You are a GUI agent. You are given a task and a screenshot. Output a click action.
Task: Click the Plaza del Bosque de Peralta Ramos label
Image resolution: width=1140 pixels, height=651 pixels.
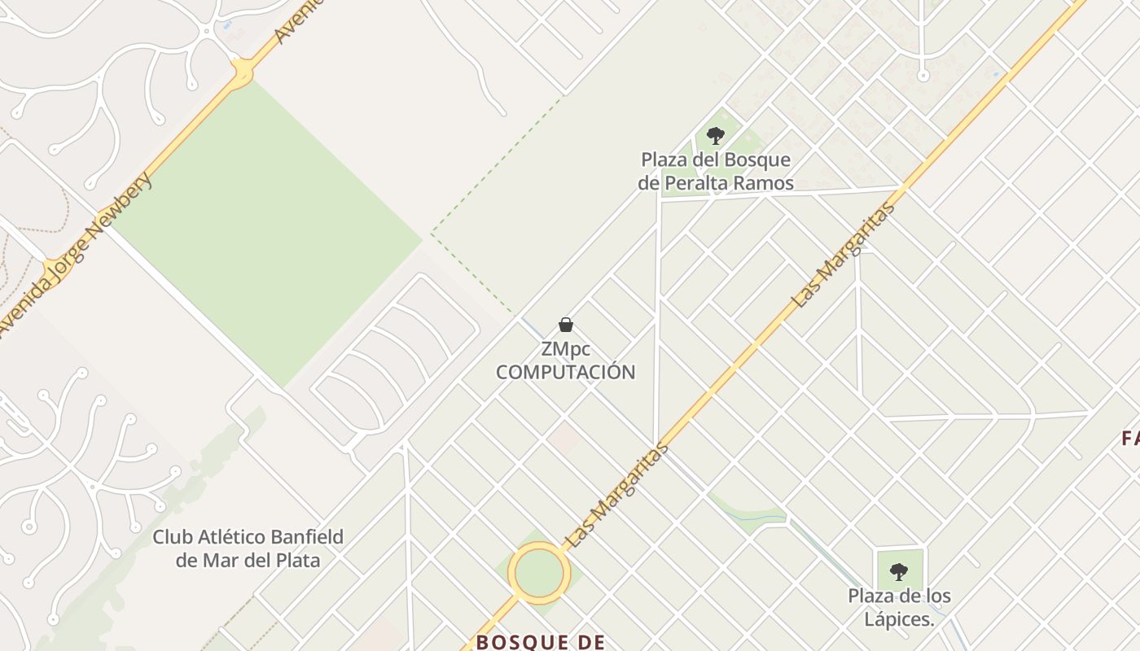[715, 172]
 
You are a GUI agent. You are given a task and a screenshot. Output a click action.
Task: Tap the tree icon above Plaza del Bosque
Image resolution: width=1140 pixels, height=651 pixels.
[716, 136]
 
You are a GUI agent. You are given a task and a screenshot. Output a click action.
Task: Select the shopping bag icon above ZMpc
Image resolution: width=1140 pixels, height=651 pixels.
[566, 325]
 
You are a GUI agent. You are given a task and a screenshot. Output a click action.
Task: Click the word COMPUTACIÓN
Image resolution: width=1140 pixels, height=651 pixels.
[566, 373]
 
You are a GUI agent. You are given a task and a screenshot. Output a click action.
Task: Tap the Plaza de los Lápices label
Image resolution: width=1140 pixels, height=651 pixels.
[899, 607]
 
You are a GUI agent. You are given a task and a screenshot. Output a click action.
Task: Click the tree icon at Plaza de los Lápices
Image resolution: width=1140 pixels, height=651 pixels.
[899, 572]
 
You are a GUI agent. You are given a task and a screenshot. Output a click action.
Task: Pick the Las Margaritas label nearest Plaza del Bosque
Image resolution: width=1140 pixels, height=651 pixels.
[844, 255]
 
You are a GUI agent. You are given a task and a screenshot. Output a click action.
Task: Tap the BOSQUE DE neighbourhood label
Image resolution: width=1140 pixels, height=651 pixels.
[541, 642]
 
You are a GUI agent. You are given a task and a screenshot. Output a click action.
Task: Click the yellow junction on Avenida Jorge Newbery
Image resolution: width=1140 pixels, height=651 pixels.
[242, 73]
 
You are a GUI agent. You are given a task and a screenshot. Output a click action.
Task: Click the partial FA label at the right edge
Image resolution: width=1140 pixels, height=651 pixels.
[1130, 439]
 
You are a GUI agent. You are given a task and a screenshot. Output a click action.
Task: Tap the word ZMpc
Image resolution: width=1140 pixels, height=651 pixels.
[566, 350]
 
